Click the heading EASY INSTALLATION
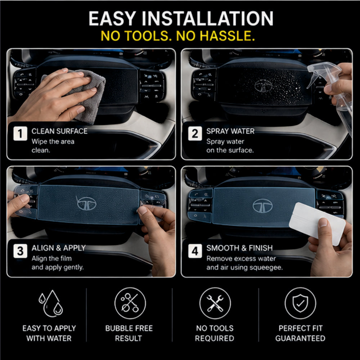(181, 18)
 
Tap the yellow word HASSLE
(227, 36)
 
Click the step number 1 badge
(20, 134)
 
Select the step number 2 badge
(195, 134)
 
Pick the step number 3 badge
(20, 251)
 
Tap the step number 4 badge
(195, 251)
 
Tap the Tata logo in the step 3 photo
(86, 203)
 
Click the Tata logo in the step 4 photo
(262, 206)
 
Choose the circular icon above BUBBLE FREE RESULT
(130, 303)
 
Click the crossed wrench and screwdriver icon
(215, 303)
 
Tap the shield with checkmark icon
(300, 303)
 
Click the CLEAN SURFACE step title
(59, 131)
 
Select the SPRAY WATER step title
(230, 131)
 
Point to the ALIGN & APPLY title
(59, 248)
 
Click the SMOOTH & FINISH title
(239, 248)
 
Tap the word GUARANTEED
(300, 338)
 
